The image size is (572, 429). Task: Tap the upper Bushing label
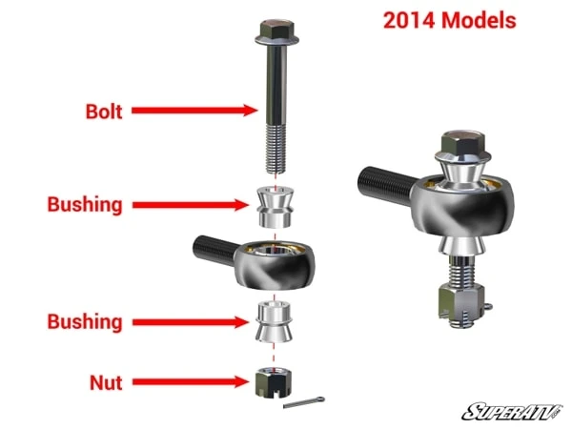[84, 204]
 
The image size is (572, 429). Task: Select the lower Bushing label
[84, 321]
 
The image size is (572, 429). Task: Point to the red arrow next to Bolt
[194, 111]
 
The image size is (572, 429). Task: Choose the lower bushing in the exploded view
[273, 322]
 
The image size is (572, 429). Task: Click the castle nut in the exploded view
[272, 383]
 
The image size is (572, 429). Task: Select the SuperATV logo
[511, 411]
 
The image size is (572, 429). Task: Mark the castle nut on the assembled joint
[462, 303]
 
